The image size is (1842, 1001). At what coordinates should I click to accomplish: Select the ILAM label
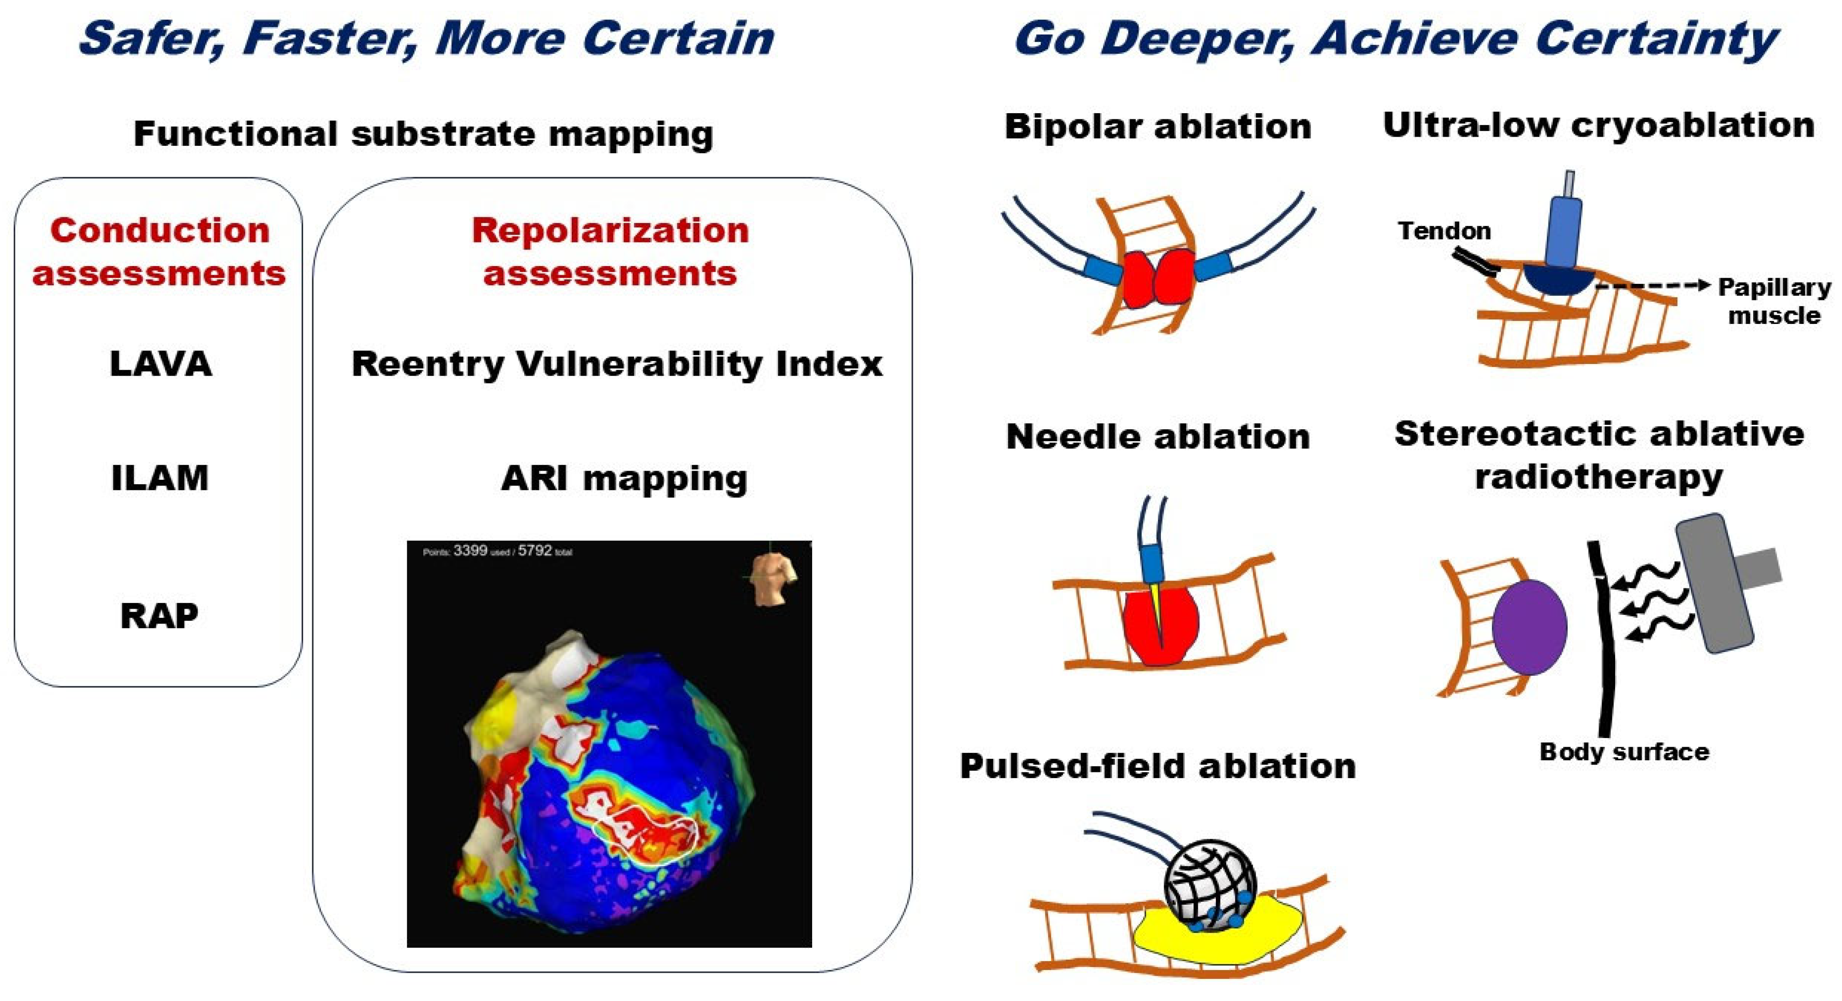160,478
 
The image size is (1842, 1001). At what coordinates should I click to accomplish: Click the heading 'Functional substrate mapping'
423,134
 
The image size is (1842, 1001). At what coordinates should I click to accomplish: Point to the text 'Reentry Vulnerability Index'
617,364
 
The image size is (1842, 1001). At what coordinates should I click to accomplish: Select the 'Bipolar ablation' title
1158,127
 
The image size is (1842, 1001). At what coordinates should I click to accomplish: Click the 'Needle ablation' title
1158,436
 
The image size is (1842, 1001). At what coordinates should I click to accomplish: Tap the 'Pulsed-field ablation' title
1158,766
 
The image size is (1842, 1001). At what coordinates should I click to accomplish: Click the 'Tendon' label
1444,231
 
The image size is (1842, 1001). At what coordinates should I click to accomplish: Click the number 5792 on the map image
535,550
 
